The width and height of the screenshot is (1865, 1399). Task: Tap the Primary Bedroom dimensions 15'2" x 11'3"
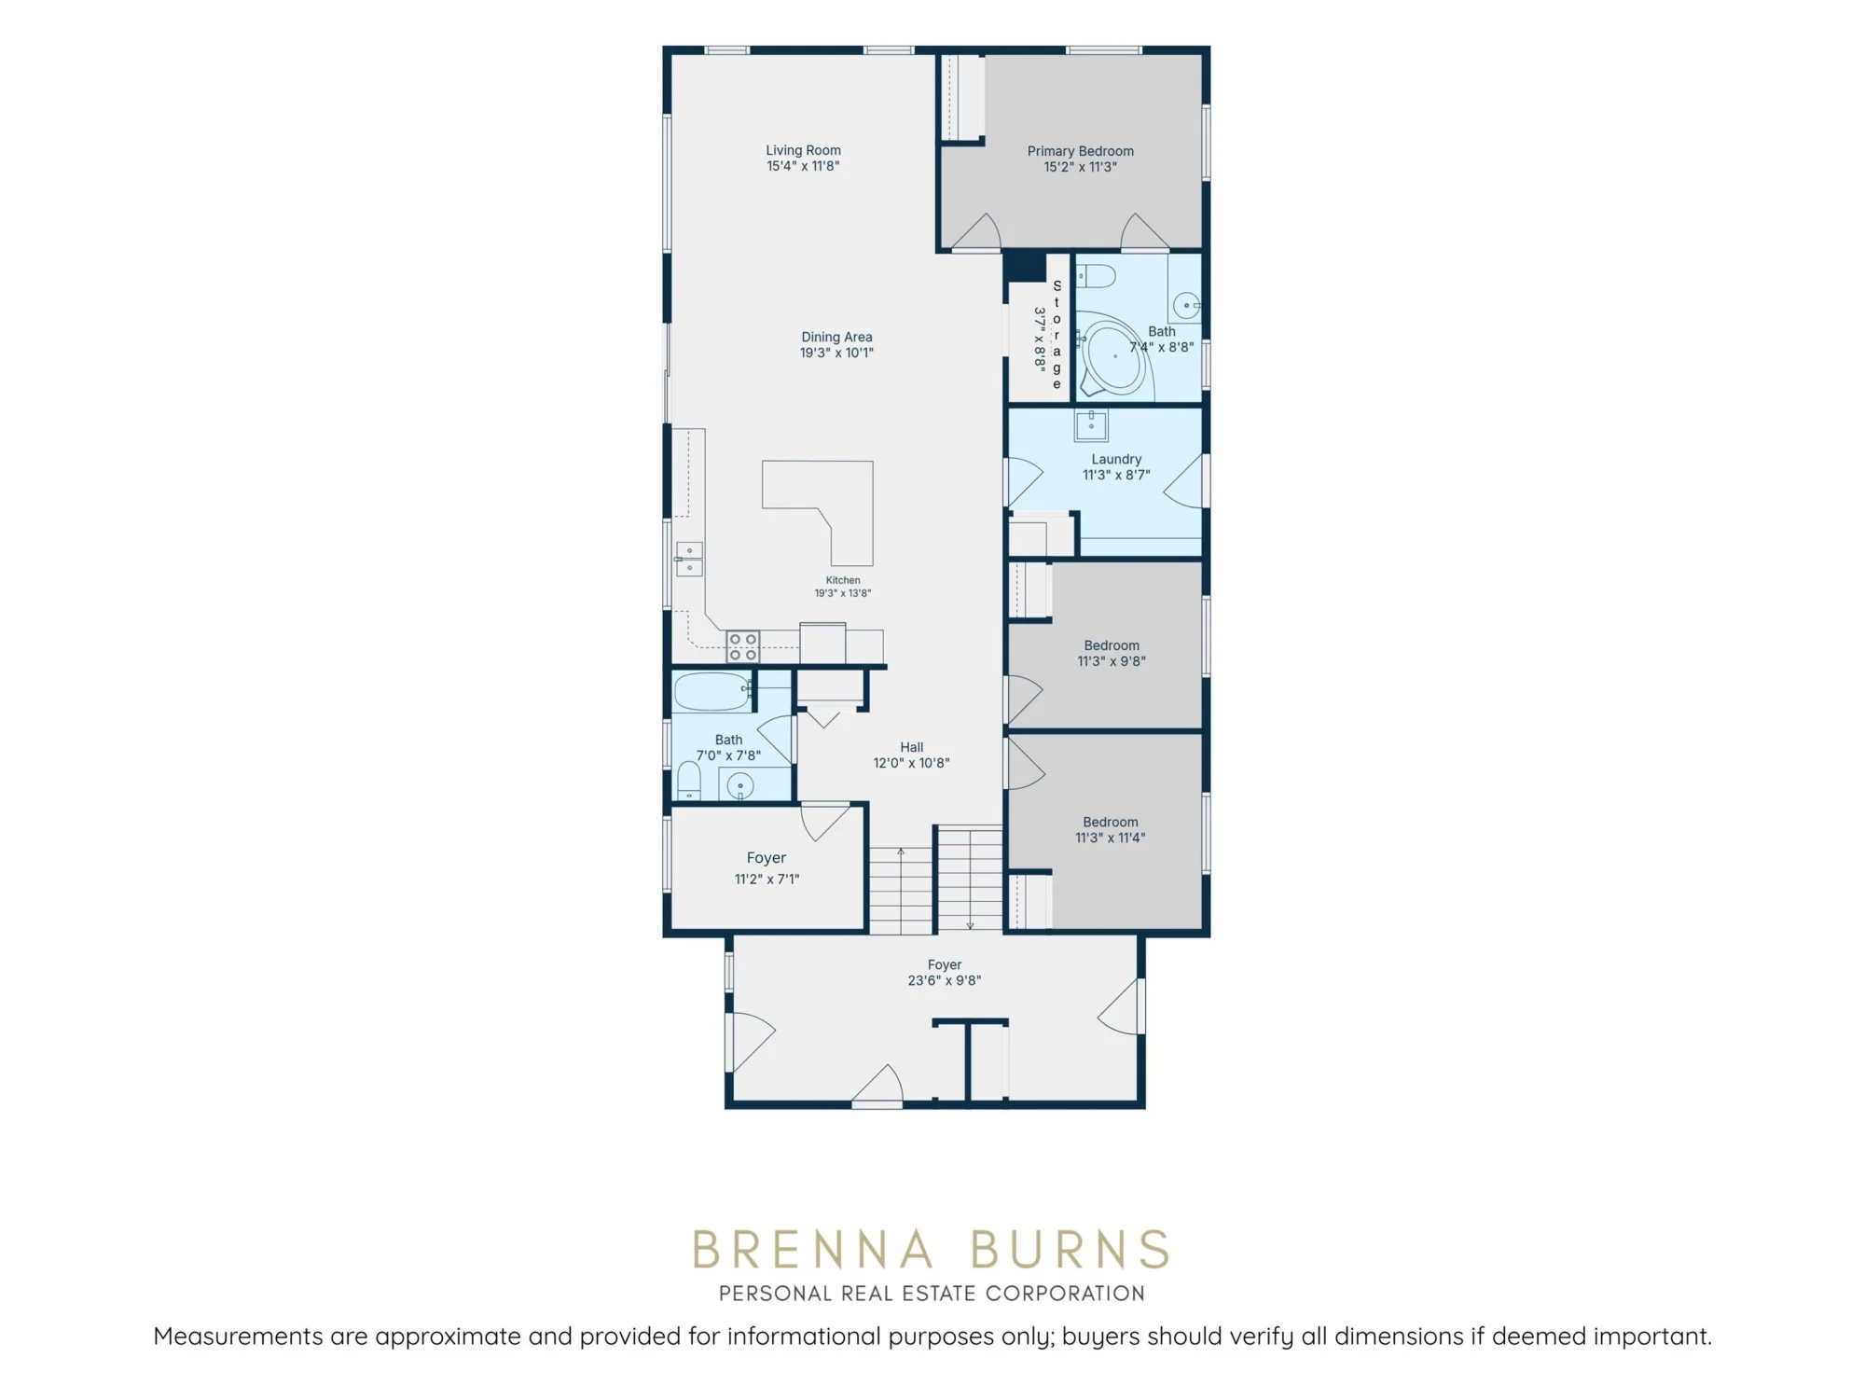1080,167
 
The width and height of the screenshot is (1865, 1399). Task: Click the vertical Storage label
1057,335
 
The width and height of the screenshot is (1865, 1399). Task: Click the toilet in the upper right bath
1096,276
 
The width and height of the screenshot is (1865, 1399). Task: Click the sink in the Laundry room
1091,425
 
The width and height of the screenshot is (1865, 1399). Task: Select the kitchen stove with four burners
743,646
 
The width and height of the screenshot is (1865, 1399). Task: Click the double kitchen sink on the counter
689,559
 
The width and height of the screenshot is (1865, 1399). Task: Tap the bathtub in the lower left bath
712,692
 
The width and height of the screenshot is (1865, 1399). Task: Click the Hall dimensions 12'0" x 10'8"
911,763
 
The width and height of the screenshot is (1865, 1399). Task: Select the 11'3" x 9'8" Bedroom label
1112,653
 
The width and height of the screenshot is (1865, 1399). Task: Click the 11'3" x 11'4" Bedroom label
1110,829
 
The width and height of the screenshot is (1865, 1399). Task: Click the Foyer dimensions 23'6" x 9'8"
944,980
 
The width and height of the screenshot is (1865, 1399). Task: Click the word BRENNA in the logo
811,1250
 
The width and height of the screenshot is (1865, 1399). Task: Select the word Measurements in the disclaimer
239,1337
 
